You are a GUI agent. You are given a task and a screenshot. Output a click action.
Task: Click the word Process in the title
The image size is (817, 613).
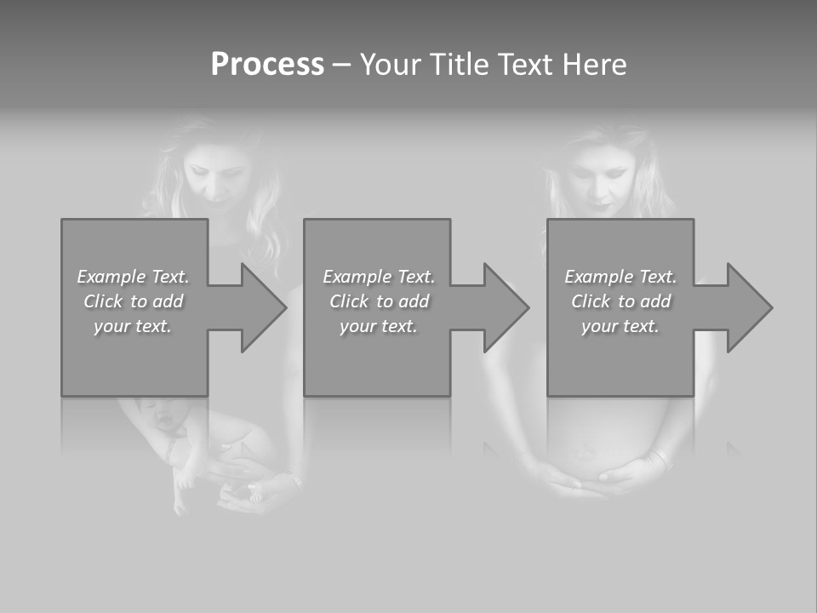click(267, 65)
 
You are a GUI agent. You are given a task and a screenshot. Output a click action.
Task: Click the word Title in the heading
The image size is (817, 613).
click(458, 65)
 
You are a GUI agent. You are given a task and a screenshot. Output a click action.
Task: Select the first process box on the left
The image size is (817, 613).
click(134, 366)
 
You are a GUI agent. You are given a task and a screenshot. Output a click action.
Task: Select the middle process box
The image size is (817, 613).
click(377, 366)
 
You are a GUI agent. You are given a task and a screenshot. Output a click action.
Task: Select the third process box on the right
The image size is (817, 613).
click(620, 366)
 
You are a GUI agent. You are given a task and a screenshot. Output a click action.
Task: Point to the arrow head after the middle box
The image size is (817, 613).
click(505, 307)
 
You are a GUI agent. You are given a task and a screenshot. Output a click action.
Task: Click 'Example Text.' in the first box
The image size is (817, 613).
click(134, 277)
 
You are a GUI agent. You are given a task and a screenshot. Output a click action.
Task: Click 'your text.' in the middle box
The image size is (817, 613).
click(378, 326)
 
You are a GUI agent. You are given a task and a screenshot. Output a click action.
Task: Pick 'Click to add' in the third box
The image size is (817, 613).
click(620, 301)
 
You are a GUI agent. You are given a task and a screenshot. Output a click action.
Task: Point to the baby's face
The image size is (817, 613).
click(164, 417)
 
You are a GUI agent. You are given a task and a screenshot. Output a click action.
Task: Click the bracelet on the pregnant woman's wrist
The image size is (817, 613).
click(657, 460)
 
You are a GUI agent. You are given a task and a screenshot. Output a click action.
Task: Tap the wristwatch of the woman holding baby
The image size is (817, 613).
click(294, 482)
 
